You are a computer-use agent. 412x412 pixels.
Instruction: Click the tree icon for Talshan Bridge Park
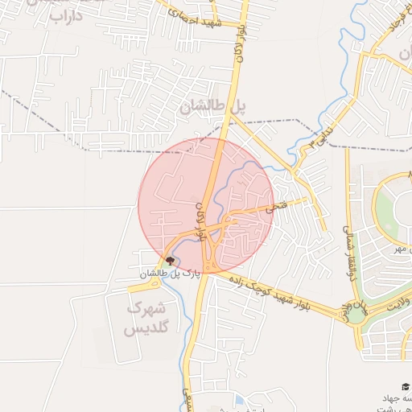(170, 260)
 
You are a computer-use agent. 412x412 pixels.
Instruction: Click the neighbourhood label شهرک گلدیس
(147, 318)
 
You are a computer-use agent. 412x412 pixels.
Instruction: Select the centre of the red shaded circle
(206, 205)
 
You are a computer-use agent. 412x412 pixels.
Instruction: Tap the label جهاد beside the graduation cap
(395, 399)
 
